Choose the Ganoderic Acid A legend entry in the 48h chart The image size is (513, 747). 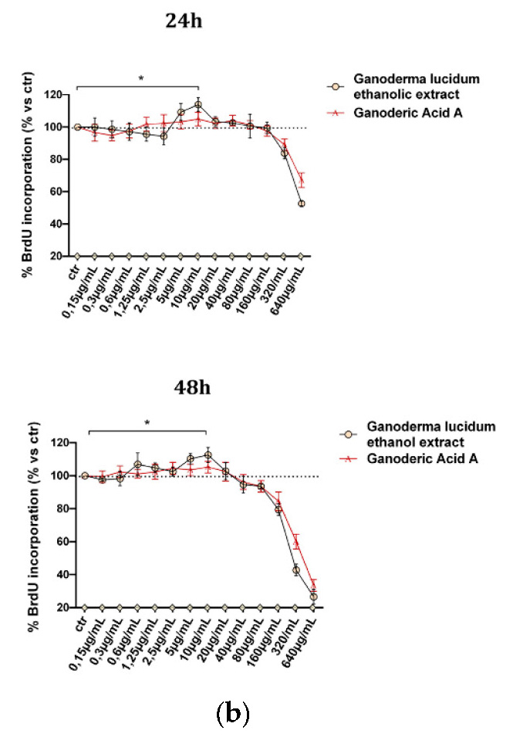click(417, 459)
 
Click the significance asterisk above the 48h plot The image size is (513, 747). click(147, 424)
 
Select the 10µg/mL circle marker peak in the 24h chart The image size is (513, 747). click(197, 104)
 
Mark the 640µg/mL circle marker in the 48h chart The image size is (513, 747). click(313, 597)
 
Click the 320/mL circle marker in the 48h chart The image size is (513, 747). click(295, 570)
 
